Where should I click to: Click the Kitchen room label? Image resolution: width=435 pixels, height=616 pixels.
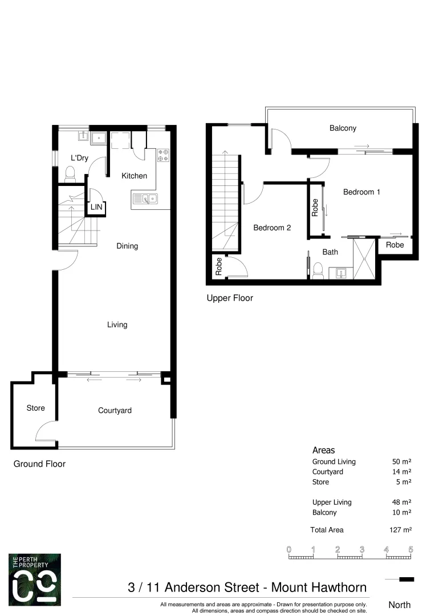coord(134,176)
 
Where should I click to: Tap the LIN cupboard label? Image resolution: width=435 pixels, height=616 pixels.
coord(96,207)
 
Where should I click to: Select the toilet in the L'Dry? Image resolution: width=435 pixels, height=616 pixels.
coord(71,172)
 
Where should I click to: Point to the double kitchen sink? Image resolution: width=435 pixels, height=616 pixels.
coord(146,198)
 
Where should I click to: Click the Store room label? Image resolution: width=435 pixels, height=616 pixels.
coord(35,408)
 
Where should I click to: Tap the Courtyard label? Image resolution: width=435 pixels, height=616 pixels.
coord(115,410)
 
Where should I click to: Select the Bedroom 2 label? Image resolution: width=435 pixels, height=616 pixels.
coord(272,228)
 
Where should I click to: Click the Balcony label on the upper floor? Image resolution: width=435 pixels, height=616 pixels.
coord(343,128)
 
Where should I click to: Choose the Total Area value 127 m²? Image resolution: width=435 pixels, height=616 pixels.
coord(400,530)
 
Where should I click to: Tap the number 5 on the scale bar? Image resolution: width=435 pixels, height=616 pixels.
coord(410,549)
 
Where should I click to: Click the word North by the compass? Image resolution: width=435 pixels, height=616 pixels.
coord(399,605)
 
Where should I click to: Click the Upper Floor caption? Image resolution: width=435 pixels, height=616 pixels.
coord(230,298)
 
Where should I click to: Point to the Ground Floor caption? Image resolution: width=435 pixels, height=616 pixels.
coord(39,464)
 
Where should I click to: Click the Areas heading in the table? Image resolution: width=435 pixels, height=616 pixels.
coord(324,450)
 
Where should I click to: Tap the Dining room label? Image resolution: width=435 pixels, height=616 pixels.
coord(127,246)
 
